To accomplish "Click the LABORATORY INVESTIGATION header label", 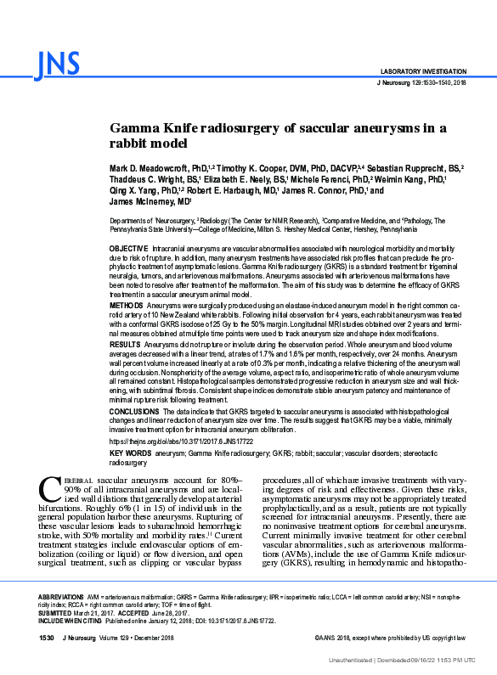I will click(422, 71).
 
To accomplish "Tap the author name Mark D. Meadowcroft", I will click(152, 169).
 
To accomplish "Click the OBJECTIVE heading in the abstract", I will click(129, 246).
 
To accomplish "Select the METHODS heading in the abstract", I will click(127, 304).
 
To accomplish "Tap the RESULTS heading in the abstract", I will click(126, 346).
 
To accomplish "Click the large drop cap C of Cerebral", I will click(49, 488).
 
